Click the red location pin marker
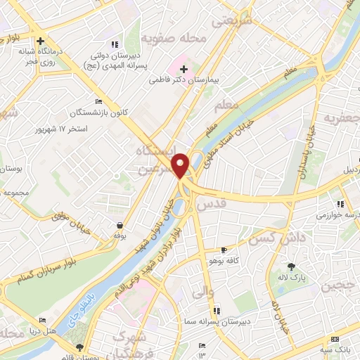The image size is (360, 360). [181, 166]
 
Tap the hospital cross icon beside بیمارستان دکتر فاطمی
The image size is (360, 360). [184, 70]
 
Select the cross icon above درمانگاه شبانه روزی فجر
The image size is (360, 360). [41, 41]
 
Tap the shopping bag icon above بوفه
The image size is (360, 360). [121, 226]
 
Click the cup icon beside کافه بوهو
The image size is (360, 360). [224, 250]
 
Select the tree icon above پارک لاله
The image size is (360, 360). [292, 266]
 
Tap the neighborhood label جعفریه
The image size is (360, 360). [340, 119]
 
